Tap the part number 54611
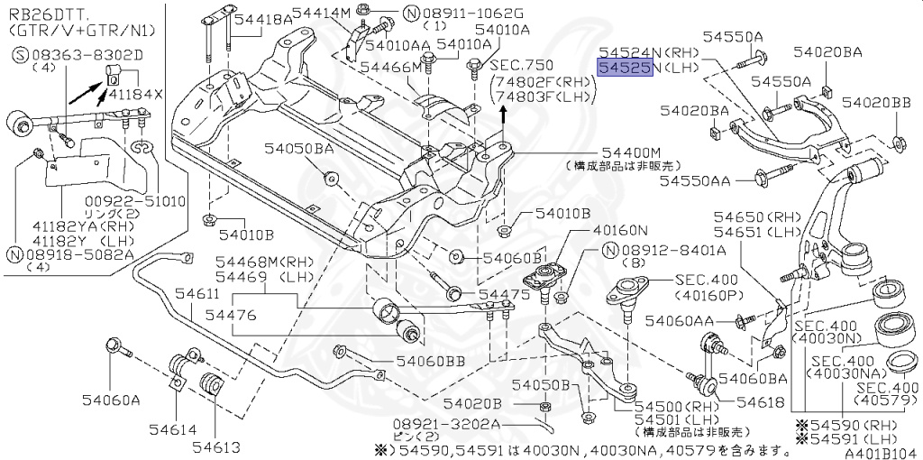(x=196, y=294)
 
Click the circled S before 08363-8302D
(x=18, y=55)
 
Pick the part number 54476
(x=231, y=315)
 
